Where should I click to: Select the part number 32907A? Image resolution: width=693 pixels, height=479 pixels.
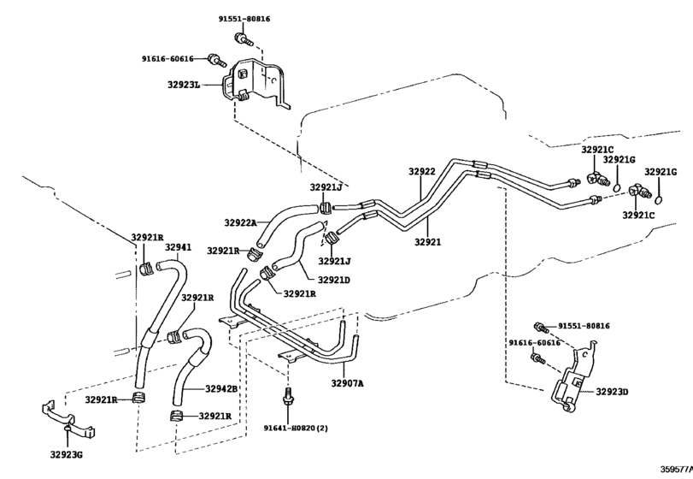(x=348, y=383)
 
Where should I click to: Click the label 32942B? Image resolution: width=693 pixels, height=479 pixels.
(x=221, y=388)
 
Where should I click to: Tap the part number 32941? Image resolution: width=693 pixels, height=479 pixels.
(x=178, y=247)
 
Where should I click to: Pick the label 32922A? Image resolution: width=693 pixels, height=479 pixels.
(x=241, y=222)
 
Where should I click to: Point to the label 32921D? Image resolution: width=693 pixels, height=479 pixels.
(x=334, y=280)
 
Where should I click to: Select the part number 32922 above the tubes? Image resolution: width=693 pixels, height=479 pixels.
(x=421, y=171)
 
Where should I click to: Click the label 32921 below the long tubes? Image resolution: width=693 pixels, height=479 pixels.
(x=427, y=242)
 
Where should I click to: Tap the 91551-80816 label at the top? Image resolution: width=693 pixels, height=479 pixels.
(x=244, y=18)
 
